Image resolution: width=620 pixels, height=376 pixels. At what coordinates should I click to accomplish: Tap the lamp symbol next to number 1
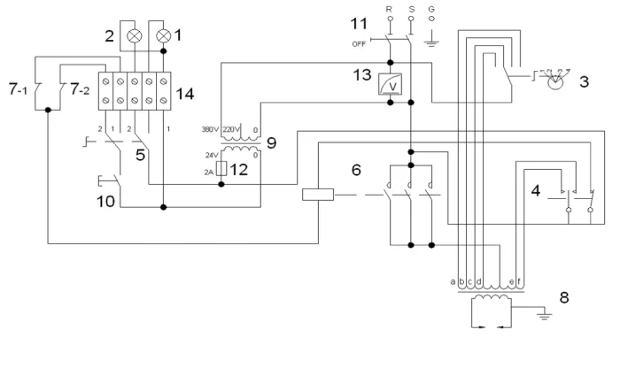[165, 38]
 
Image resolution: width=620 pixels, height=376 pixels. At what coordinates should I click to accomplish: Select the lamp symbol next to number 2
[135, 38]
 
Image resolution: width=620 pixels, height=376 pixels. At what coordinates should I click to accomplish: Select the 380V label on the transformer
[212, 126]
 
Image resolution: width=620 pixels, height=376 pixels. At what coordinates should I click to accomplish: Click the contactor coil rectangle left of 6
[316, 195]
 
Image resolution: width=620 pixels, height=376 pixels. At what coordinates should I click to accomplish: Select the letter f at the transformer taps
[518, 282]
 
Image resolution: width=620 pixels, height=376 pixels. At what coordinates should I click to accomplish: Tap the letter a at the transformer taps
[454, 282]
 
